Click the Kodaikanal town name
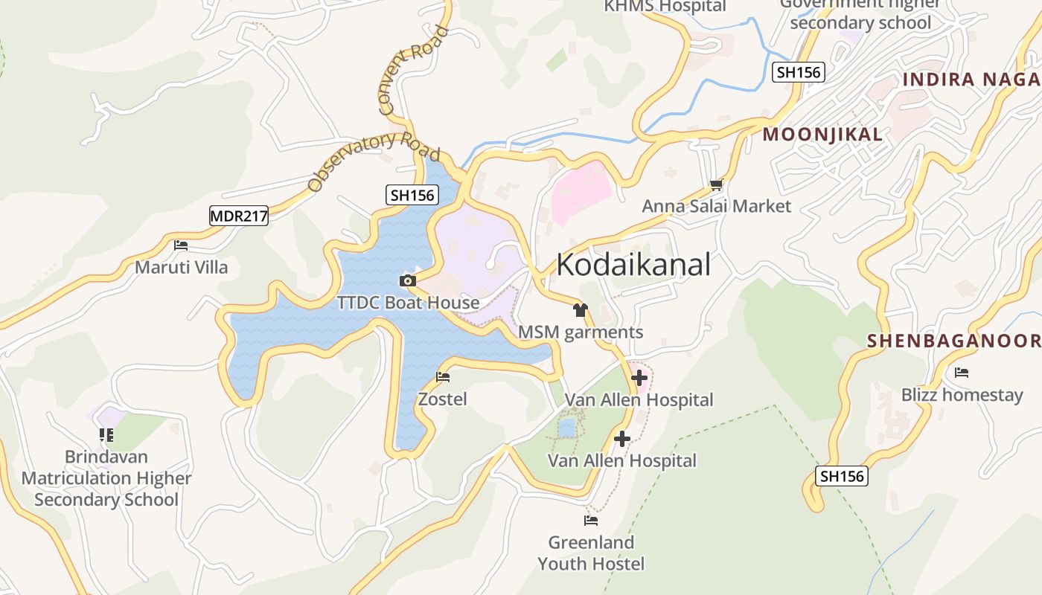(x=633, y=265)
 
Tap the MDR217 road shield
(x=238, y=216)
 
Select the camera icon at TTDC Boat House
(x=407, y=280)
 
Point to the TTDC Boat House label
(x=408, y=303)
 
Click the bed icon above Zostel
(x=443, y=377)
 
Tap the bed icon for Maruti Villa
(x=181, y=245)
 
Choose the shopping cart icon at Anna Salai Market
(x=716, y=184)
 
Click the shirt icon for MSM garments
(x=581, y=309)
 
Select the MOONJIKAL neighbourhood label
(x=822, y=135)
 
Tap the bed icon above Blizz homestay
(x=962, y=373)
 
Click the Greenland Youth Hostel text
(x=591, y=553)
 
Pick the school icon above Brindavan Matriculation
(x=106, y=435)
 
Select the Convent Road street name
(x=415, y=71)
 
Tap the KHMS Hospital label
(x=665, y=7)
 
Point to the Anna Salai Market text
(x=716, y=206)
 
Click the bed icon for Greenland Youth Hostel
(x=591, y=521)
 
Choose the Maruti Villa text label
(x=181, y=267)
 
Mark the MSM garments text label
(x=581, y=332)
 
